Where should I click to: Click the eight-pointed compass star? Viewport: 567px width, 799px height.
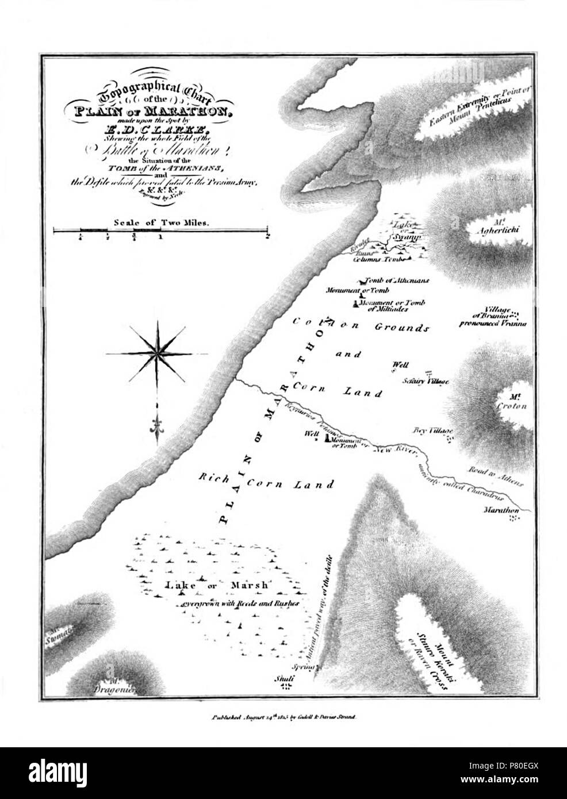click(x=156, y=352)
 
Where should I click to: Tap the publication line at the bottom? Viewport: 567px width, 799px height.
click(x=285, y=717)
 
